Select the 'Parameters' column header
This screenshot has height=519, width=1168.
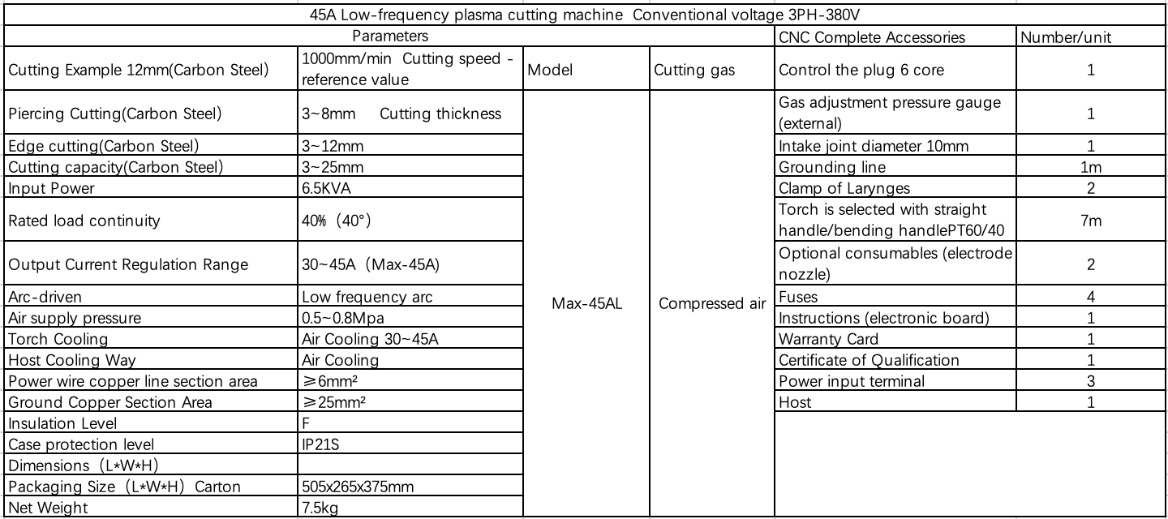389,36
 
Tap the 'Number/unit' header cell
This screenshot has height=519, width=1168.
1065,37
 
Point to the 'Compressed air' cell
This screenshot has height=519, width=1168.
711,304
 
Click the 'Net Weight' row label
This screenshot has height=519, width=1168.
48,508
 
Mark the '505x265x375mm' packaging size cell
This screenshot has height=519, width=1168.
360,487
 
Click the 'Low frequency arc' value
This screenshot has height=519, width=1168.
367,297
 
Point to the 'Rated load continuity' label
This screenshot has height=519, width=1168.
84,220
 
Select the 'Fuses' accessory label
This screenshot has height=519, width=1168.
798,297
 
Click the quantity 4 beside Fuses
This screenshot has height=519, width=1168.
1091,297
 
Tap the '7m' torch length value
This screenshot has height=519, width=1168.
1091,220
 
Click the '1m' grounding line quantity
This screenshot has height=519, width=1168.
1091,167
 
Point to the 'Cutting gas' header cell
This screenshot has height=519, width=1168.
694,70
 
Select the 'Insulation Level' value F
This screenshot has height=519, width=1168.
305,423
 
